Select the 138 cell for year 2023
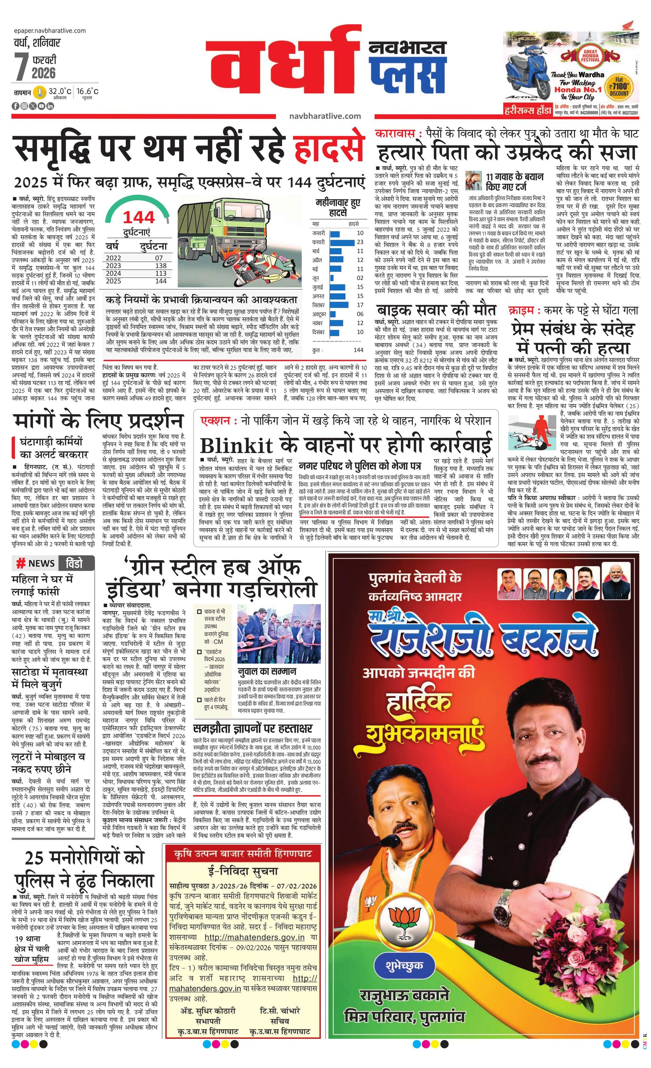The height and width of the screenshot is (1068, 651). pyautogui.click(x=160, y=266)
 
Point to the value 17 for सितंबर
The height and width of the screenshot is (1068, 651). pyautogui.click(x=360, y=305)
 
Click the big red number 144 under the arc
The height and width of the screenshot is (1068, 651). pyautogui.click(x=138, y=217)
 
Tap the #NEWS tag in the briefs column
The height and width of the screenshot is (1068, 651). pyautogui.click(x=36, y=563)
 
